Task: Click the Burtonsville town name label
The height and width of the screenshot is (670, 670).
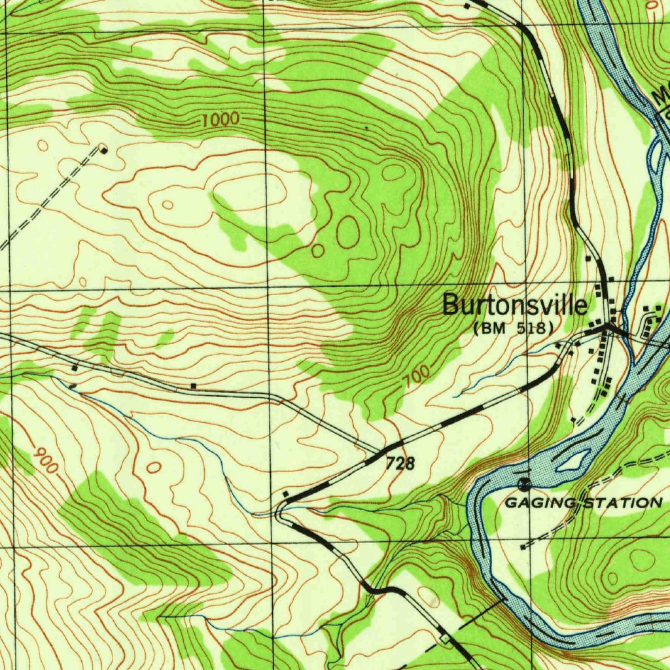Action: tap(515, 305)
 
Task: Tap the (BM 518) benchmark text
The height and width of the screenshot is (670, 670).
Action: tap(514, 328)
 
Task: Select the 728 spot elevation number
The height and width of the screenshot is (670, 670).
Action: tap(400, 464)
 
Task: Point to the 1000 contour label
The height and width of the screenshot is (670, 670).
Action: tap(220, 120)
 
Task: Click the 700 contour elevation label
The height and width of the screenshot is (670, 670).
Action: tap(417, 378)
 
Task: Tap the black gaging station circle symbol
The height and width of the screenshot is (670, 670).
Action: tap(523, 484)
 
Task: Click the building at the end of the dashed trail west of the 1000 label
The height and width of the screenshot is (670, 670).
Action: tap(103, 150)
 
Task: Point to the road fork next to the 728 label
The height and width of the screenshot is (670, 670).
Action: tap(383, 452)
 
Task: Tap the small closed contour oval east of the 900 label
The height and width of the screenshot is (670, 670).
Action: tap(154, 467)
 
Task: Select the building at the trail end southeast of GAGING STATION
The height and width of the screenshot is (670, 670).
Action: tap(522, 546)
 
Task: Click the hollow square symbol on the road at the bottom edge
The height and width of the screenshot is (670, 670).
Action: tap(445, 637)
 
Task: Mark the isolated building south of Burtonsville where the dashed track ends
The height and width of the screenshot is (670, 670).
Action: tap(574, 419)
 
